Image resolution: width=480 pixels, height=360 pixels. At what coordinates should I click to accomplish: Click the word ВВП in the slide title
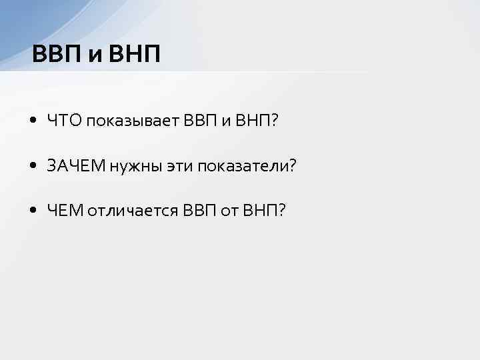point(55,53)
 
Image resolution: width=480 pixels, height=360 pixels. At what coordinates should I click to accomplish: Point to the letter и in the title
point(94,54)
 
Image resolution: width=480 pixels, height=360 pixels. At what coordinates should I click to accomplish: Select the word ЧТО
point(63,120)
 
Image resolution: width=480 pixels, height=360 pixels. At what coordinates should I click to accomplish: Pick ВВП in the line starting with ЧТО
point(197,120)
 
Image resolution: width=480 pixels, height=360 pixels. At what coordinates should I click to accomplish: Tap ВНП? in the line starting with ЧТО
point(261,120)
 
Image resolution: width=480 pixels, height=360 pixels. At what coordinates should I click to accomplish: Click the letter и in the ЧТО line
point(225,121)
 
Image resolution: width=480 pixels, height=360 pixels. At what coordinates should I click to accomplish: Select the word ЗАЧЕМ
point(74,165)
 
